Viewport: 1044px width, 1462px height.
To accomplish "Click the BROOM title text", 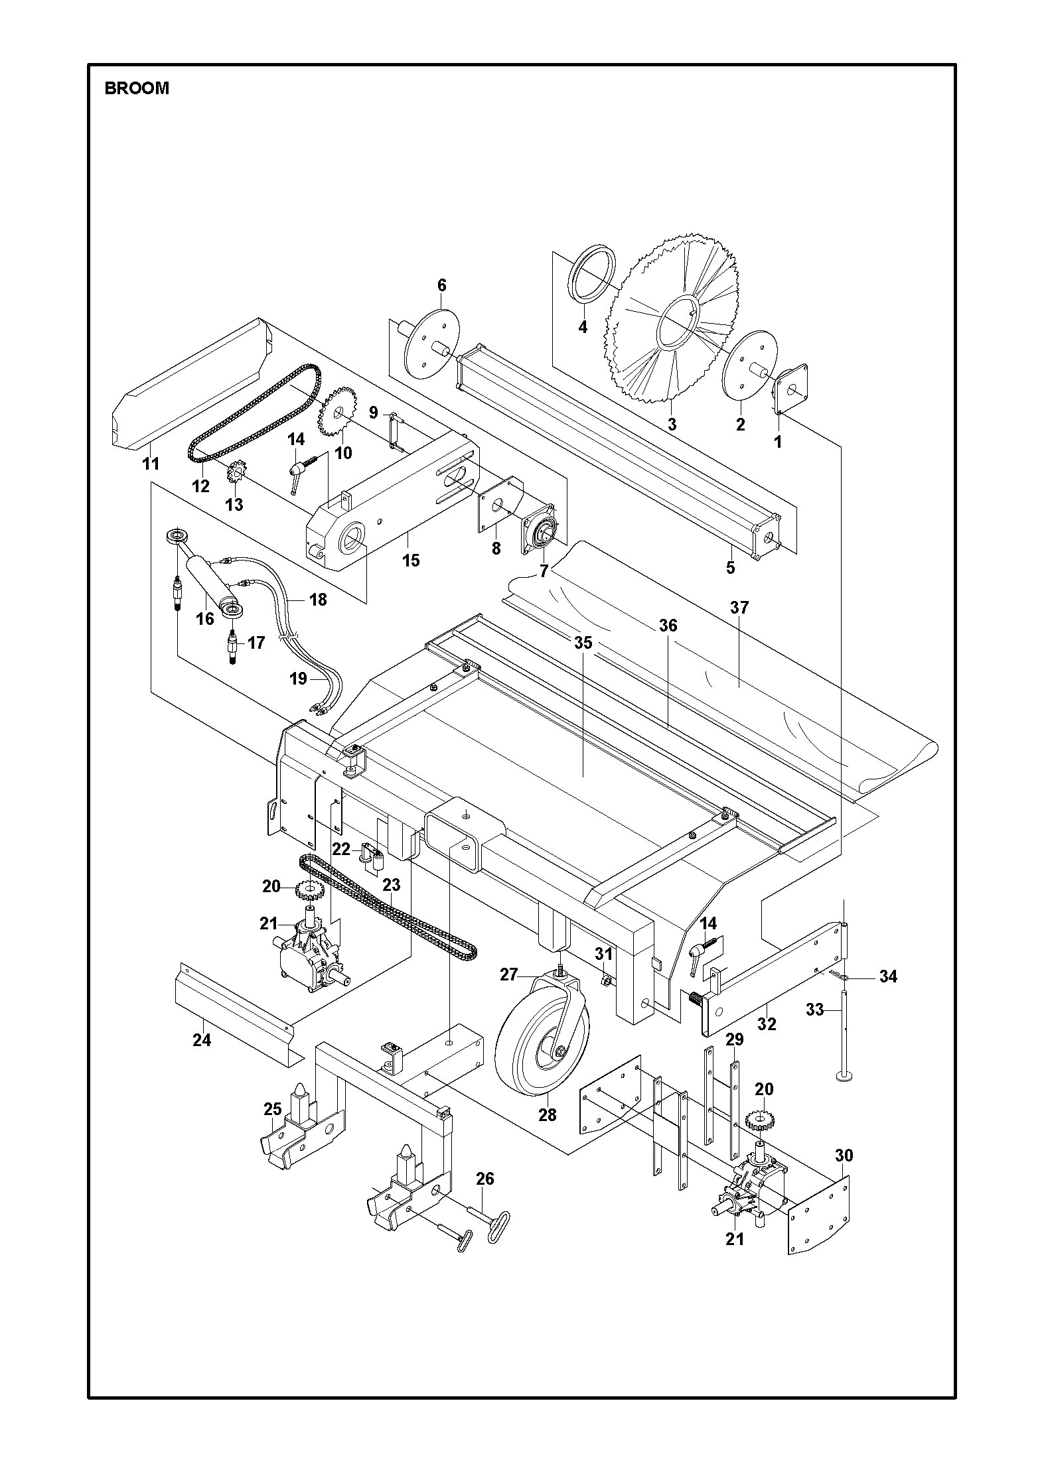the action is [137, 88].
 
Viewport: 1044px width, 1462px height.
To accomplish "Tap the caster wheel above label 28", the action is [542, 1046].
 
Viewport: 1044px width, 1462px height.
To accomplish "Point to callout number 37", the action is [739, 607].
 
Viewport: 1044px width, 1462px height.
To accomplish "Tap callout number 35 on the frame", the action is [583, 643].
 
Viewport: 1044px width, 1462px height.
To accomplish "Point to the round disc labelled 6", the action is [432, 344].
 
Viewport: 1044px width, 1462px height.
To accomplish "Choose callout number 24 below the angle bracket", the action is [202, 1039].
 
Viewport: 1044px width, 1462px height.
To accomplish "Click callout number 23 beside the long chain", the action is [392, 884].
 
